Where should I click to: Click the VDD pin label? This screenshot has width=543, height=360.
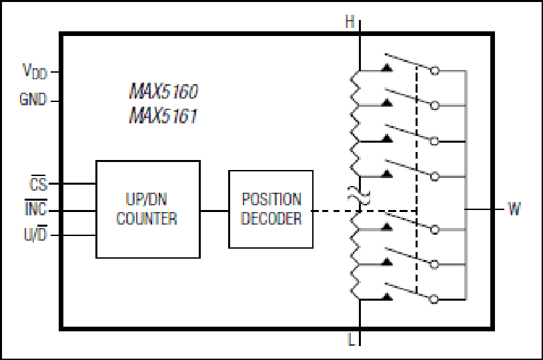pos(35,71)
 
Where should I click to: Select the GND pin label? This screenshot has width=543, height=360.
pos(33,100)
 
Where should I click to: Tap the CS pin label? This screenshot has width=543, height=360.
pos(38,183)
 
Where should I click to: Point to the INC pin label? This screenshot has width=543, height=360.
pos(35,208)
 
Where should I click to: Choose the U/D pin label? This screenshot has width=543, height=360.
pos(35,234)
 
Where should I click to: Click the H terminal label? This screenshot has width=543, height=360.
pos(350,22)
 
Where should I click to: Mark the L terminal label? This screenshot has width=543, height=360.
pos(351,339)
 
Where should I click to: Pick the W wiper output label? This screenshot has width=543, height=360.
pos(514,209)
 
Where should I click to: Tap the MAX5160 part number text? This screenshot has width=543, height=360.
pos(163,91)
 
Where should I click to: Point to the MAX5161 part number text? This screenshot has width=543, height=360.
pos(163,115)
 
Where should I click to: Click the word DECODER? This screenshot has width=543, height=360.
pos(271,219)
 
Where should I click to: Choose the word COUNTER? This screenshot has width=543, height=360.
pos(147,219)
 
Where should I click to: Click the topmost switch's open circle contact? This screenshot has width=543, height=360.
pos(435,71)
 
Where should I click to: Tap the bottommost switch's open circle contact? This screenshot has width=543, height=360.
pos(434,299)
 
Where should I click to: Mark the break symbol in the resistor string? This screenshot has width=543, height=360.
pos(359,195)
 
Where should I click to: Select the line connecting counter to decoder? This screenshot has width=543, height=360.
pos(214,211)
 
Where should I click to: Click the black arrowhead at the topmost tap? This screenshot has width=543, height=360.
pos(387,68)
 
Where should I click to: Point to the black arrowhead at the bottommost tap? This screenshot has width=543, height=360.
pos(387,296)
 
